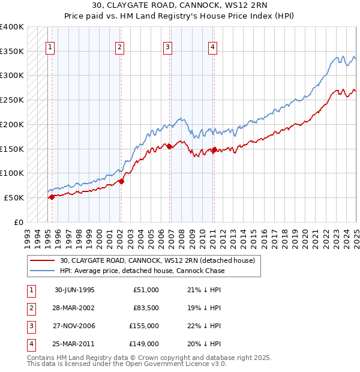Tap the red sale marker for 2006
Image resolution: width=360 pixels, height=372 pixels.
(169, 146)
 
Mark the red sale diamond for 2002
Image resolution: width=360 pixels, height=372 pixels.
(121, 181)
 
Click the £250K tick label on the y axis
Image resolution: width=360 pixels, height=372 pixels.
(12, 100)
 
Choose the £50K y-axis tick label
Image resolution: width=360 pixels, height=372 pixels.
(14, 197)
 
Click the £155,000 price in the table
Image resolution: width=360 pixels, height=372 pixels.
(144, 326)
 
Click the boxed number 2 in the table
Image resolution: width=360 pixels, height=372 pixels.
(30, 308)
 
